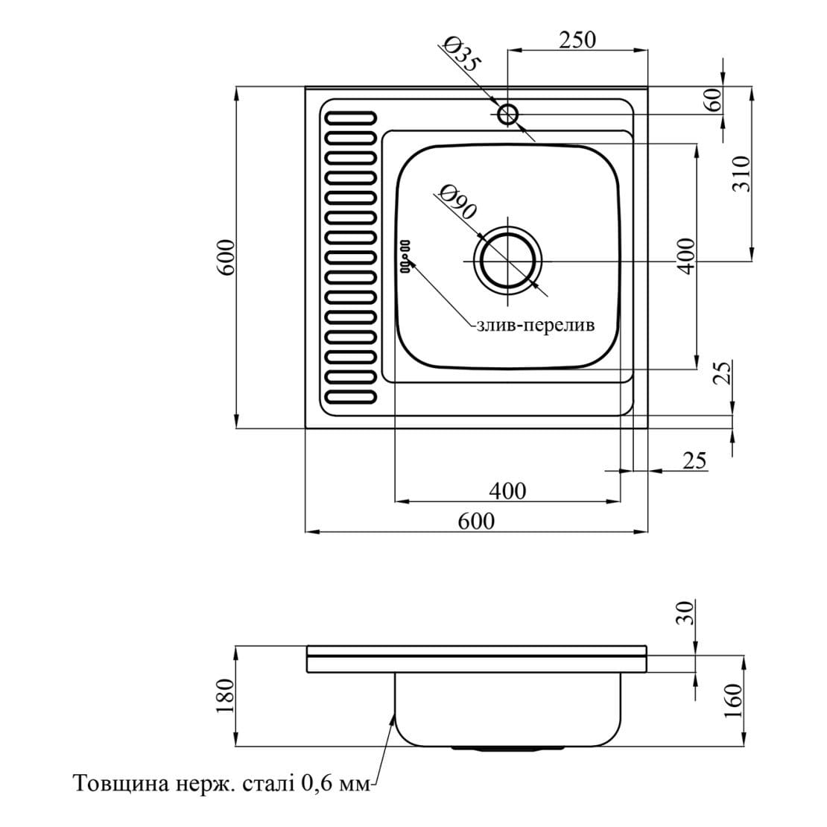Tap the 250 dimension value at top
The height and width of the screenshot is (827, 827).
(x=577, y=39)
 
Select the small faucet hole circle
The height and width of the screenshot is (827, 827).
(x=508, y=114)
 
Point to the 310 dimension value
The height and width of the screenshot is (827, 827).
(x=740, y=174)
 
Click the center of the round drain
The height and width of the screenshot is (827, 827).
(x=509, y=262)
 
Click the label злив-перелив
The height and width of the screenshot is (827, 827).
(x=535, y=326)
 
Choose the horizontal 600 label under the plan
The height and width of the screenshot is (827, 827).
(x=476, y=521)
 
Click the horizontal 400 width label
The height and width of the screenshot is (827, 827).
(x=507, y=491)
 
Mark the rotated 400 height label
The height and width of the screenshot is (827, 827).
(x=686, y=254)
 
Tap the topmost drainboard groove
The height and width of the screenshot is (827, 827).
(x=349, y=118)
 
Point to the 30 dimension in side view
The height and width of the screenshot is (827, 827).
(x=686, y=612)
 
